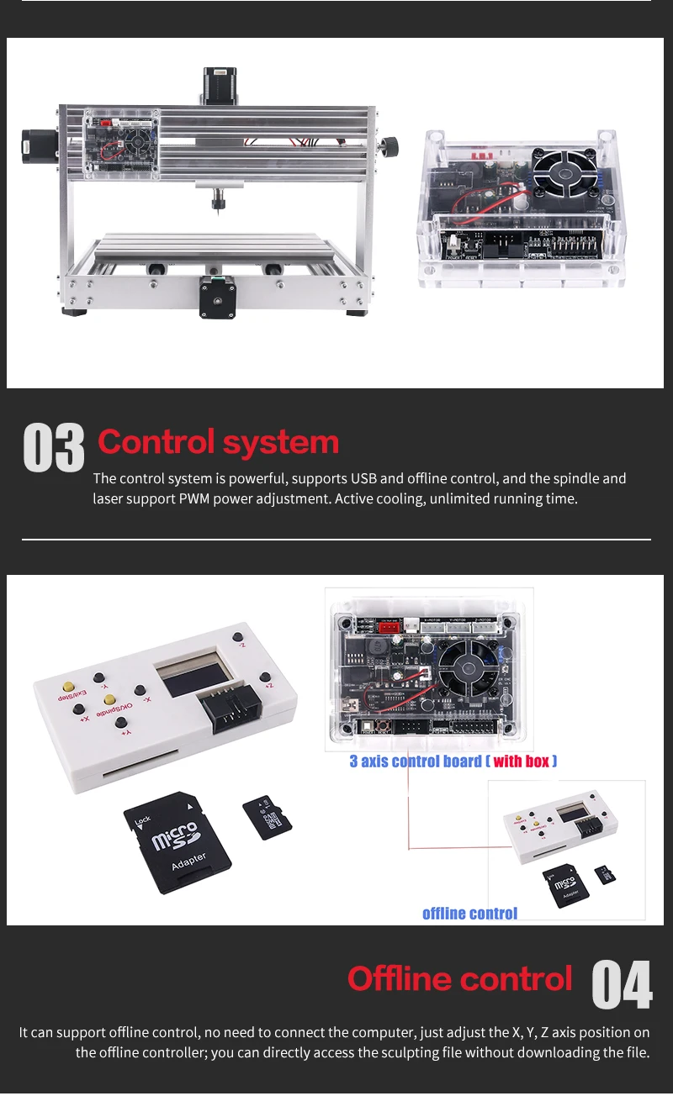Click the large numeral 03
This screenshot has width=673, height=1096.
click(x=54, y=447)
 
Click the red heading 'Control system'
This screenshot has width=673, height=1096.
click(x=218, y=442)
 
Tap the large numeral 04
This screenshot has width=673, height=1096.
click(x=621, y=984)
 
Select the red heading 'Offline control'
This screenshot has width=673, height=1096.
click(x=459, y=979)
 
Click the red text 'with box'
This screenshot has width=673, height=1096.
click(x=521, y=761)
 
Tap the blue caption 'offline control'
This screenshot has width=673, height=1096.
click(x=469, y=914)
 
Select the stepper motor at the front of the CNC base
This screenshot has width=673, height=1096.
click(x=217, y=297)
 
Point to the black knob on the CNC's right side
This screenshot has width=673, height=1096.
click(x=389, y=146)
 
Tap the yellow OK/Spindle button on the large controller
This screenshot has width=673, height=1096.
click(x=109, y=699)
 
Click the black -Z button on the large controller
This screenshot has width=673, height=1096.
click(x=240, y=637)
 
